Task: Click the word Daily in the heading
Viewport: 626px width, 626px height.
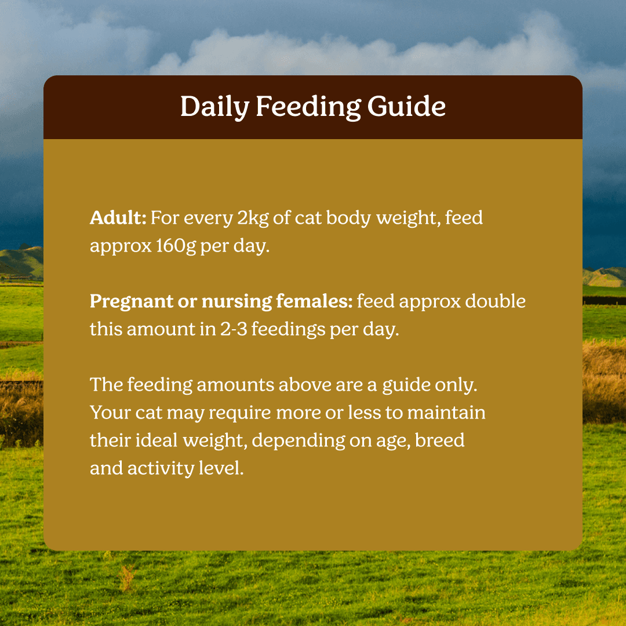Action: coord(215,107)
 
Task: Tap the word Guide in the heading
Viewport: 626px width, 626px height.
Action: coord(406,106)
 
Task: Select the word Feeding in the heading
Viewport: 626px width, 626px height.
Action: coord(308,107)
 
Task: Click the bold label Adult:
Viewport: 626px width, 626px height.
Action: coord(118,218)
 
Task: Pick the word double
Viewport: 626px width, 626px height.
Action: coord(495,301)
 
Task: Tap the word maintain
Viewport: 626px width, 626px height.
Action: coord(446,413)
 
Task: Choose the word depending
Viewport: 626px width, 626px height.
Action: coord(299,441)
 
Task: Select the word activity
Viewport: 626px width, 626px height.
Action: coord(161,468)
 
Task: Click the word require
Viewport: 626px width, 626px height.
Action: coord(240,413)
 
